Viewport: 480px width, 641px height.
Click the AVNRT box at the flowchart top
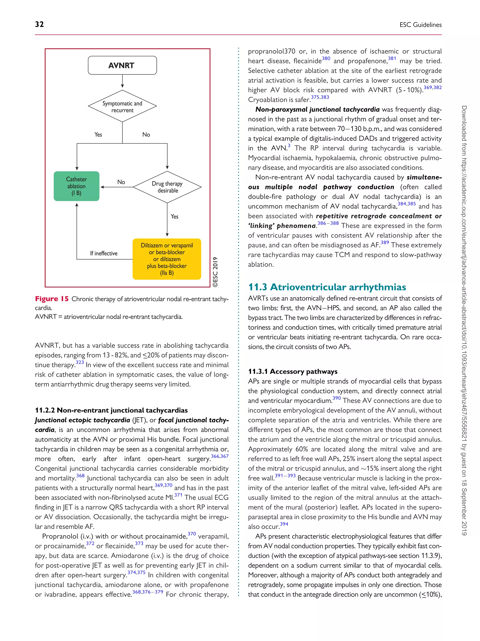click(x=122, y=65)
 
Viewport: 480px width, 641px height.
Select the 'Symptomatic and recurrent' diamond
click(x=122, y=107)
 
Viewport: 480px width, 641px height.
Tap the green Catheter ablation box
click(x=76, y=186)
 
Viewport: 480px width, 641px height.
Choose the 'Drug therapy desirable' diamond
click(x=167, y=187)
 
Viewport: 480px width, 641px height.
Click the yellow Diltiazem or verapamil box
click(x=167, y=259)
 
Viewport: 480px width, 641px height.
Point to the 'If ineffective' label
click(x=104, y=253)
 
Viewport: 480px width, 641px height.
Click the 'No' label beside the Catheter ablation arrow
click(x=121, y=182)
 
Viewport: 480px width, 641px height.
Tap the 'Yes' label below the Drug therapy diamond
click(x=174, y=216)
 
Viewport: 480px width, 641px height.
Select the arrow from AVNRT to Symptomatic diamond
click(x=122, y=81)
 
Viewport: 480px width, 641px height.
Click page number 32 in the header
click(x=39, y=24)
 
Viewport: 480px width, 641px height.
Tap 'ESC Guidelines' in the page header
click(x=420, y=25)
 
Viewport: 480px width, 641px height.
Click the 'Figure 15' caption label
click(x=52, y=299)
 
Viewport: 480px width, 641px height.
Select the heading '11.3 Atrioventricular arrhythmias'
click(x=327, y=287)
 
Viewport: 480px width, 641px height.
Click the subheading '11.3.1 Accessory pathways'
click(x=292, y=372)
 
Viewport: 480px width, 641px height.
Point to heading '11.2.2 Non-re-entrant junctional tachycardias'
click(x=111, y=410)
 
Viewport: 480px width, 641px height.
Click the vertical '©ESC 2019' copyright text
click(x=215, y=272)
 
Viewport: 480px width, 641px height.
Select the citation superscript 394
click(x=284, y=524)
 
